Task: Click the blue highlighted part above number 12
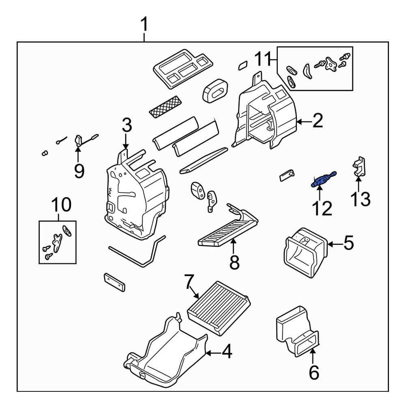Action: pyautogui.click(x=324, y=179)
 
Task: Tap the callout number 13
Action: pyautogui.click(x=361, y=199)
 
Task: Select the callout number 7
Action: pyautogui.click(x=188, y=282)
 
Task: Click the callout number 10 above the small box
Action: pyautogui.click(x=61, y=205)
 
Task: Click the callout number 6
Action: pyautogui.click(x=314, y=373)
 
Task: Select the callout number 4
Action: pyautogui.click(x=227, y=352)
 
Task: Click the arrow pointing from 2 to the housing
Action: pyautogui.click(x=304, y=121)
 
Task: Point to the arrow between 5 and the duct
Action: pyautogui.click(x=335, y=244)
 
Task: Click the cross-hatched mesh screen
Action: pyautogui.click(x=166, y=107)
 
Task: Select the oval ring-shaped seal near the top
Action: pyautogui.click(x=216, y=91)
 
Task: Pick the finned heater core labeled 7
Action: pyautogui.click(x=219, y=309)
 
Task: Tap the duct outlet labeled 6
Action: pyautogui.click(x=298, y=331)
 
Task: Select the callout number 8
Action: pyautogui.click(x=234, y=262)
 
